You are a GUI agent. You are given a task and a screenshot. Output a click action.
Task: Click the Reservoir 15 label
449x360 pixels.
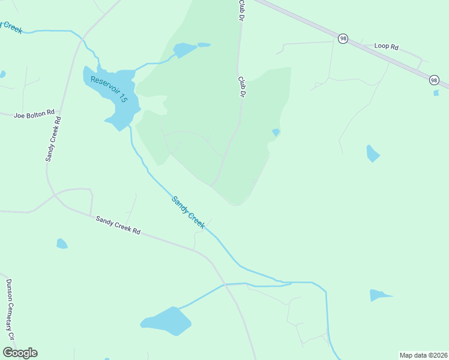click(109, 89)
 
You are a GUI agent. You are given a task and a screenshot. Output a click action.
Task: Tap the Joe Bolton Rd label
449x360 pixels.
click(34, 112)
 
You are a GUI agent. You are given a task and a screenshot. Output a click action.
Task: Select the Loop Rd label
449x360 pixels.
click(386, 46)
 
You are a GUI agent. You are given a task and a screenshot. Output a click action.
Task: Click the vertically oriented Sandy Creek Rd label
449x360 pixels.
click(53, 139)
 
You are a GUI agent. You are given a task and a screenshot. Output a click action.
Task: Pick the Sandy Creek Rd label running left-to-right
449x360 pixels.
click(118, 225)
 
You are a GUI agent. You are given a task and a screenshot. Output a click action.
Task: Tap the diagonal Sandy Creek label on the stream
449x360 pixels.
click(188, 212)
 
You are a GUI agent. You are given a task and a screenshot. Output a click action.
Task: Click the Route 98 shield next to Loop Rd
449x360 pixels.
click(343, 38)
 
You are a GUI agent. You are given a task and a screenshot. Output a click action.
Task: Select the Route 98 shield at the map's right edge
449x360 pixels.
click(434, 80)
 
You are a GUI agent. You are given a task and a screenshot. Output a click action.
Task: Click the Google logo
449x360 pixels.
click(20, 353)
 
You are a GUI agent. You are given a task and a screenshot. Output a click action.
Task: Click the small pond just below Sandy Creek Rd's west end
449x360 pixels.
click(62, 244)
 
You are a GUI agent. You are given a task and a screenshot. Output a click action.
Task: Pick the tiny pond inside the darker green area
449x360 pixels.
click(276, 132)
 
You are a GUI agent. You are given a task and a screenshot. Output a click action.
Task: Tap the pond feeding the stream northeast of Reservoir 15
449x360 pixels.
click(185, 49)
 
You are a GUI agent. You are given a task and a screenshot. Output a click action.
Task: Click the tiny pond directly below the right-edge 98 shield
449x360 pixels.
click(436, 92)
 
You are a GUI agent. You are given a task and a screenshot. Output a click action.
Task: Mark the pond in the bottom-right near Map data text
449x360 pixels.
click(378, 295)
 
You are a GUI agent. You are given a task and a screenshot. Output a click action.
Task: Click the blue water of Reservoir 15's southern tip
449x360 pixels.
click(119, 122)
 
